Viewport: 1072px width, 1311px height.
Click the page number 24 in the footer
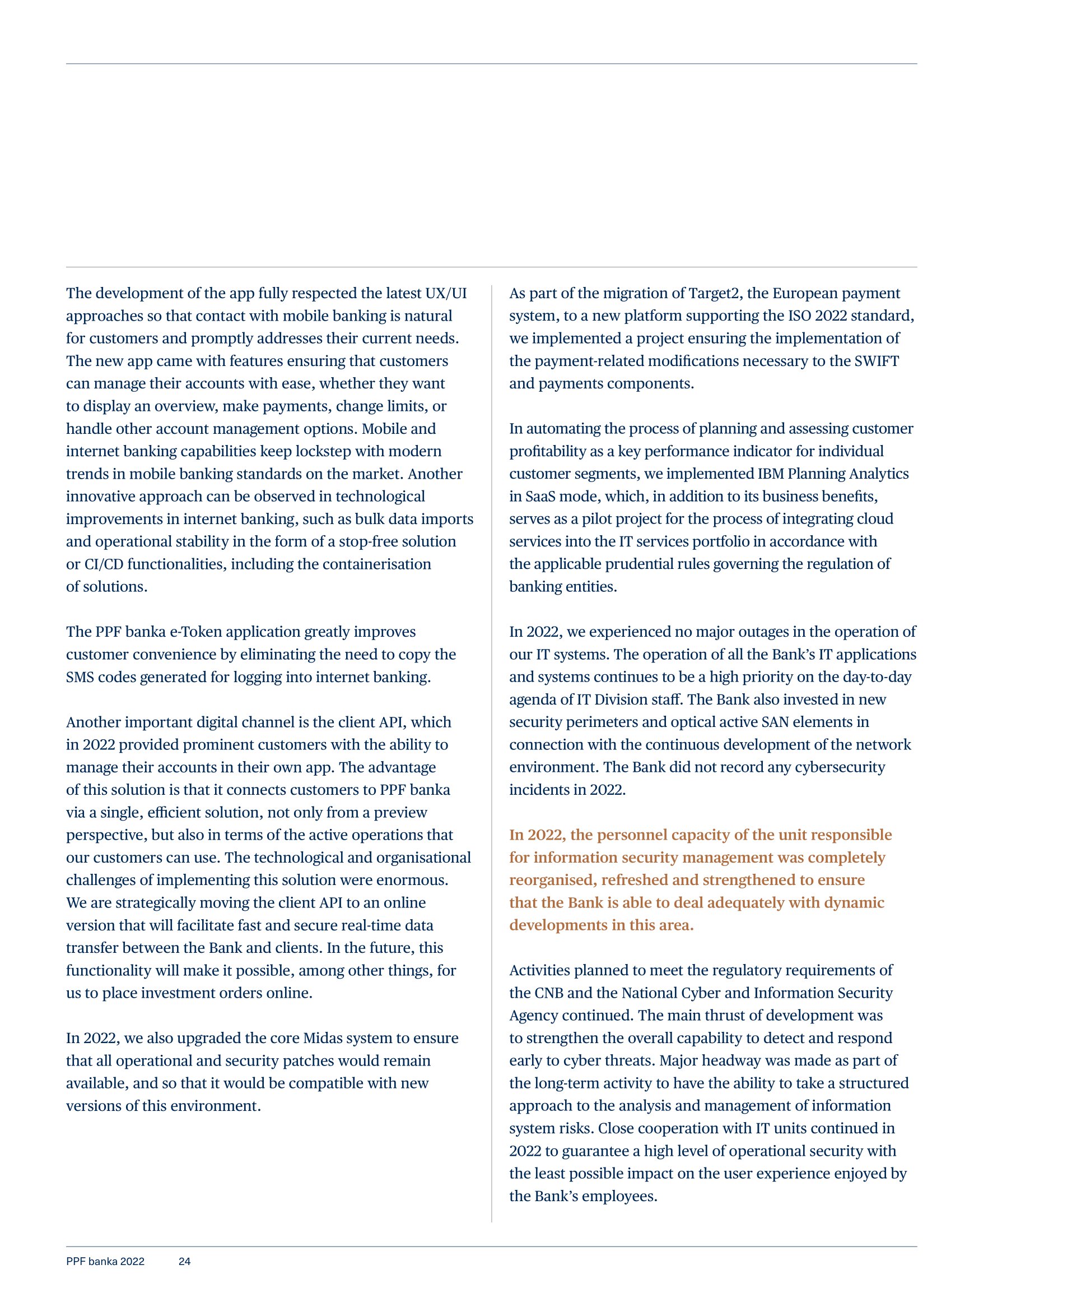click(184, 1262)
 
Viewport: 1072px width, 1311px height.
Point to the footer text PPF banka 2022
click(105, 1262)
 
